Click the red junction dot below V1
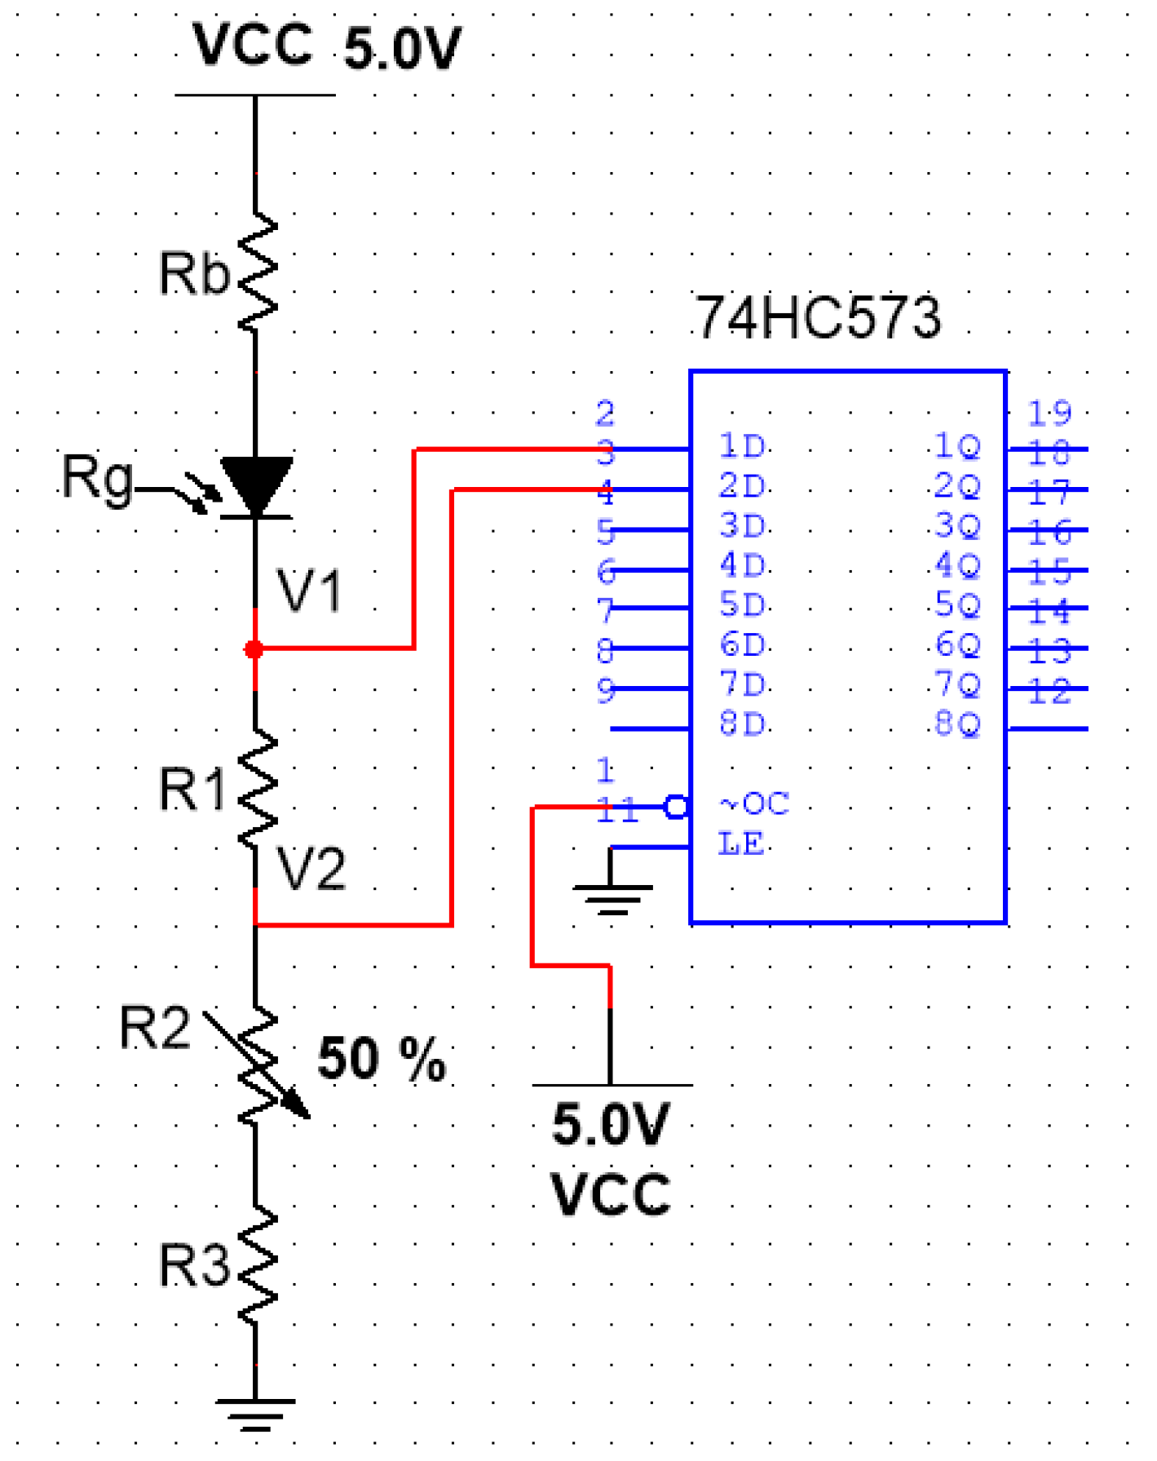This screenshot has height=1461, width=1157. (254, 649)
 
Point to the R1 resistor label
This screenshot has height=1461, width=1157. (192, 790)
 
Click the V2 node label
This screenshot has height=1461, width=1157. (311, 869)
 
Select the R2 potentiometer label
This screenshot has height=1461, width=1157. (155, 1028)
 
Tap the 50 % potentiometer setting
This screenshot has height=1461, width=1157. (382, 1059)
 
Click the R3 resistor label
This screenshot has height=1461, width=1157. (193, 1266)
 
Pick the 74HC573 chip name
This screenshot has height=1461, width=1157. (818, 317)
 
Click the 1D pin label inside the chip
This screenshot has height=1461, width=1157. (742, 446)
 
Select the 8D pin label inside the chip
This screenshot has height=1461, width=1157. (742, 724)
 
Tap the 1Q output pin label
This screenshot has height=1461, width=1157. (956, 446)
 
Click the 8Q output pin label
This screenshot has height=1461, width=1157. (956, 724)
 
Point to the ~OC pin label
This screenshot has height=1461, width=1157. (754, 804)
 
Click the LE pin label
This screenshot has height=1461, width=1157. (741, 843)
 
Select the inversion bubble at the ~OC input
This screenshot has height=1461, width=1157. (676, 808)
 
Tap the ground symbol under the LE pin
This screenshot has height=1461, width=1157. (612, 897)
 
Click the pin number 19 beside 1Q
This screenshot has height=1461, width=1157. (1049, 414)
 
